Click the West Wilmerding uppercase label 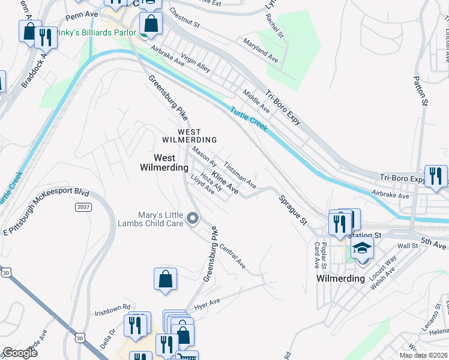pos(188,136)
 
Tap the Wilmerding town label pos(340,278)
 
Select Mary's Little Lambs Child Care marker pos(193,218)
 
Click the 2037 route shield pos(84,207)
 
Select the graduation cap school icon pos(362,248)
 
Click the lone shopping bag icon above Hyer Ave pos(165,279)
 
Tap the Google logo pos(19,353)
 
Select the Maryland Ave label pos(261,50)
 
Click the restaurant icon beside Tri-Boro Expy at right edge pos(435,176)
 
